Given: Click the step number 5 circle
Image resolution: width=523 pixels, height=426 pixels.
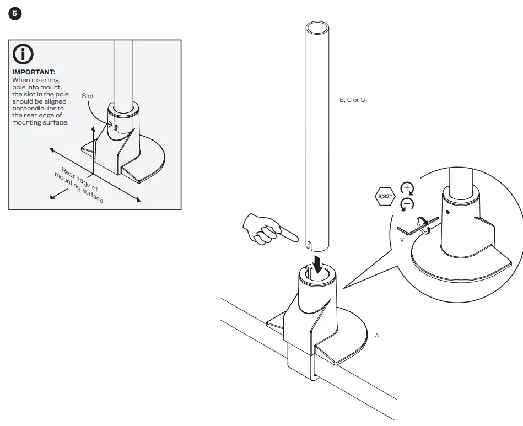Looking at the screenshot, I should (x=15, y=14).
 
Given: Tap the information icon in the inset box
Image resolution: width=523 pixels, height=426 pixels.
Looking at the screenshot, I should (x=24, y=54).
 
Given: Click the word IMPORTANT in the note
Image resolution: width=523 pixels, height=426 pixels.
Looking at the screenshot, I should (x=34, y=72).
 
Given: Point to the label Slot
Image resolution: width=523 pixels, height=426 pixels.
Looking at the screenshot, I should (x=88, y=96).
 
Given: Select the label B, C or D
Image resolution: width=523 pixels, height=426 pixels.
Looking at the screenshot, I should (x=352, y=100).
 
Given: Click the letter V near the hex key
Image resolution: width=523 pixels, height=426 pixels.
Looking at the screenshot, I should (x=402, y=240).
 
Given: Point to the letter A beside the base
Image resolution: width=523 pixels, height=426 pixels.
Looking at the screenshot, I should (x=377, y=335).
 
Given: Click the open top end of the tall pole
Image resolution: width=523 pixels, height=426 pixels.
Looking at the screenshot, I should (x=318, y=29).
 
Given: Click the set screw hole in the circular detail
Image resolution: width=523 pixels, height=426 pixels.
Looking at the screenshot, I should (x=447, y=211).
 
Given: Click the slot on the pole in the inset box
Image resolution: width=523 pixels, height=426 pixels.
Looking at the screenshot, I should (x=117, y=128).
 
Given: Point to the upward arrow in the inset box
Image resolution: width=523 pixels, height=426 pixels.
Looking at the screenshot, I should (x=93, y=135).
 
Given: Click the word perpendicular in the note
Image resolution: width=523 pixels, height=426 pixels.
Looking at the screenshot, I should (x=37, y=109).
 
